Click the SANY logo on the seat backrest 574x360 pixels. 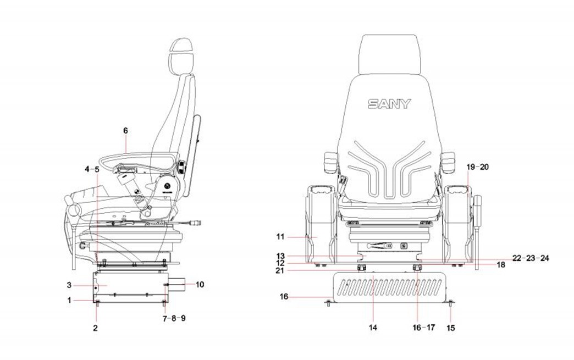(x=389, y=103)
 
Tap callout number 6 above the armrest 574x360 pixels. (x=125, y=131)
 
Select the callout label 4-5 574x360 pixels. (x=92, y=169)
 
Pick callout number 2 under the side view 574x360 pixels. (x=95, y=328)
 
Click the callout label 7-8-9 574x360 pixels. (x=175, y=318)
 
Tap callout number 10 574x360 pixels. (x=200, y=284)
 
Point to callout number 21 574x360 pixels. (x=280, y=270)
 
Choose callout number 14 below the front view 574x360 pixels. (x=373, y=328)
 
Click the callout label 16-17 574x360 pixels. (x=424, y=328)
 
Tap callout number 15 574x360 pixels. (x=450, y=328)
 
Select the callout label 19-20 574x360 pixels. (x=477, y=166)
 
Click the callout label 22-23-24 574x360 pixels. (x=530, y=258)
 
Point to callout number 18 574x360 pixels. (x=500, y=264)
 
